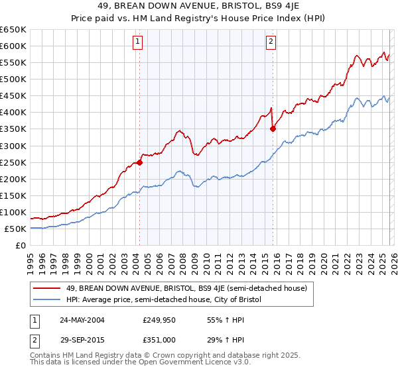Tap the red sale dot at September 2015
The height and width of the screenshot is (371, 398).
273,129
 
